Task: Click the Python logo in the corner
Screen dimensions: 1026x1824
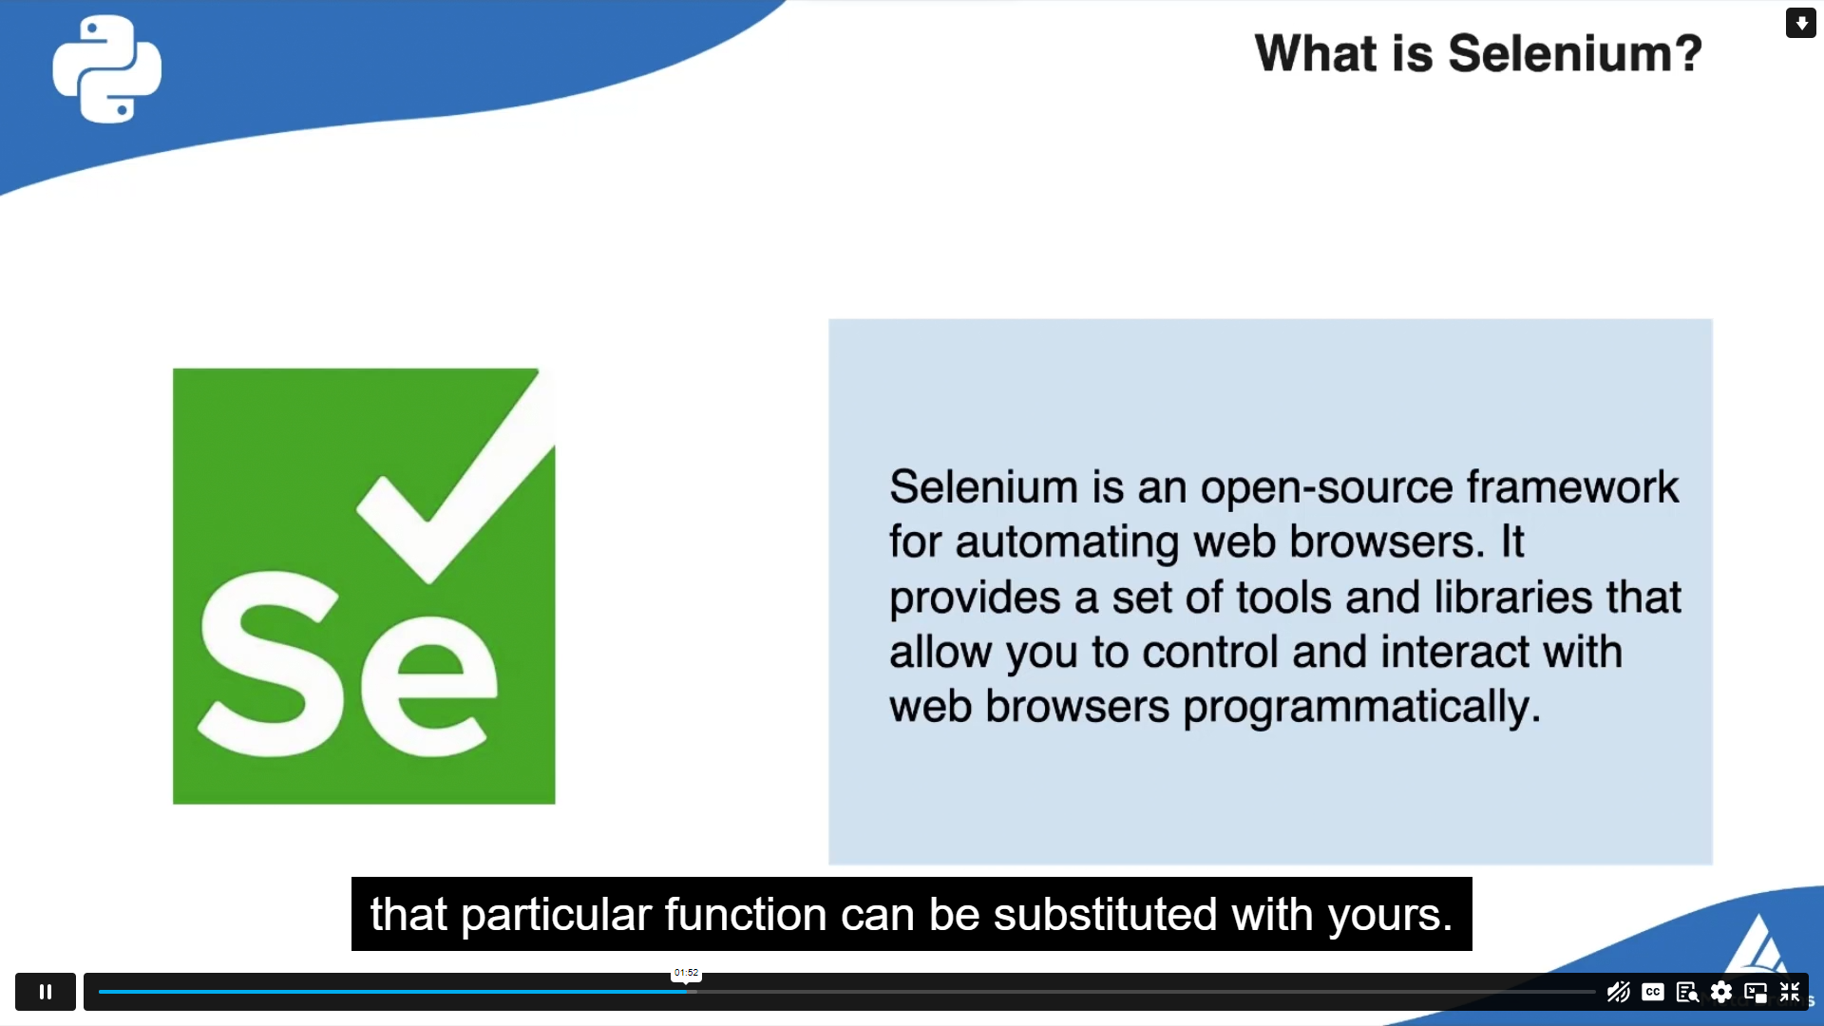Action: point(106,68)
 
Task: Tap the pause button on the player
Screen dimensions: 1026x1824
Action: point(46,992)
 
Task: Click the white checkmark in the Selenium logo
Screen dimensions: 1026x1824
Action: point(454,475)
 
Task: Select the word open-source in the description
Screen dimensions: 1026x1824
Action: point(1326,487)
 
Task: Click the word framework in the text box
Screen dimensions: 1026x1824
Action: point(1572,487)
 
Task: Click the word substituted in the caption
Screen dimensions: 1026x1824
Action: point(1105,915)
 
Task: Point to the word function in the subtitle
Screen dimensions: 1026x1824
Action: point(745,915)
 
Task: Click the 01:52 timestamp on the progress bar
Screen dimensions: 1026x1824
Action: point(686,973)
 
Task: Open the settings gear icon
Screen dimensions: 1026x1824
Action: point(1720,993)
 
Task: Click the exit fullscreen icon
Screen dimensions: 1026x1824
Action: point(1790,993)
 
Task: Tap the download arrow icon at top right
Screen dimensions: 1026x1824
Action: point(1800,23)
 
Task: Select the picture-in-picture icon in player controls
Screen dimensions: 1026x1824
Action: point(1755,993)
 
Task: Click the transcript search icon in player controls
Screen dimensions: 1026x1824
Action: point(1687,993)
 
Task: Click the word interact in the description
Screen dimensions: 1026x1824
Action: point(1454,653)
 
